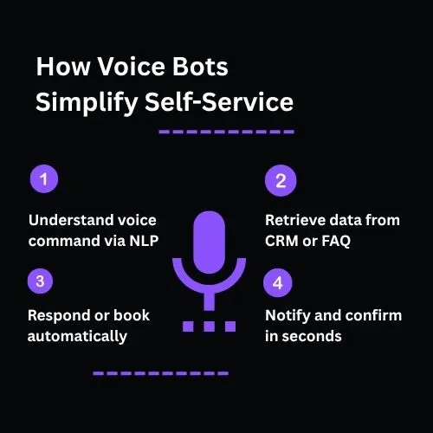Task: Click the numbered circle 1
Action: click(x=43, y=180)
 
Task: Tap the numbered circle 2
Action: click(x=280, y=181)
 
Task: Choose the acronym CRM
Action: click(x=282, y=241)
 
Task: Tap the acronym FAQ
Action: click(x=334, y=241)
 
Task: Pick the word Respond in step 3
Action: click(x=59, y=315)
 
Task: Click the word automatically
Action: click(x=78, y=336)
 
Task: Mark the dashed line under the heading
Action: click(x=227, y=132)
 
